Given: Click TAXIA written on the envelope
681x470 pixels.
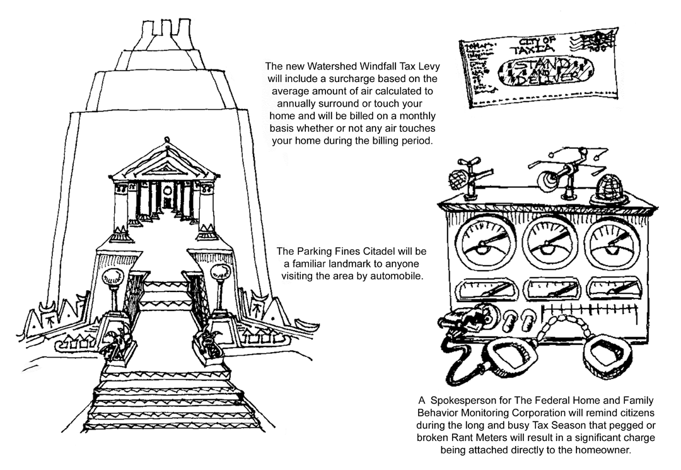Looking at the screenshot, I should (531, 50).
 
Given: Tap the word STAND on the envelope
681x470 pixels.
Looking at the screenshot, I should (537, 66).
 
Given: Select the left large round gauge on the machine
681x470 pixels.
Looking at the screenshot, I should (485, 244).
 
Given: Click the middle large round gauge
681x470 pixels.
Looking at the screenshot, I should (547, 244).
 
